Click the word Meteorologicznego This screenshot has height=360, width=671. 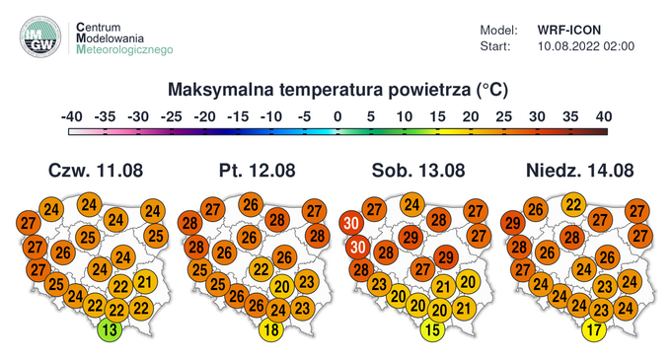[x=124, y=49]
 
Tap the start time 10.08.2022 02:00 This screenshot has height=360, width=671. [x=586, y=45]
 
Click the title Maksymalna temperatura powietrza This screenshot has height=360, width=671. [x=337, y=90]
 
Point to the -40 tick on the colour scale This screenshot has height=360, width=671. [x=71, y=116]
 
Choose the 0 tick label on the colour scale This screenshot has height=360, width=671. [x=337, y=116]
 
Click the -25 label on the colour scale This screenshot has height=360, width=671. [x=171, y=116]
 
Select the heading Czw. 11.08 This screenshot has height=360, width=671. [x=96, y=170]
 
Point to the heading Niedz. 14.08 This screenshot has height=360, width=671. [x=574, y=170]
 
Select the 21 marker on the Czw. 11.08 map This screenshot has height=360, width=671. [x=144, y=283]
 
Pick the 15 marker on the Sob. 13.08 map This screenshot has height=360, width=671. [x=431, y=330]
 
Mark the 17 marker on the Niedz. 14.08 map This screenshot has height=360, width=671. [x=593, y=330]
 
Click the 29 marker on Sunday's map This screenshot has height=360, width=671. [x=512, y=223]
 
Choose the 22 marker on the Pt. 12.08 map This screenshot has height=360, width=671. [x=261, y=268]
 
